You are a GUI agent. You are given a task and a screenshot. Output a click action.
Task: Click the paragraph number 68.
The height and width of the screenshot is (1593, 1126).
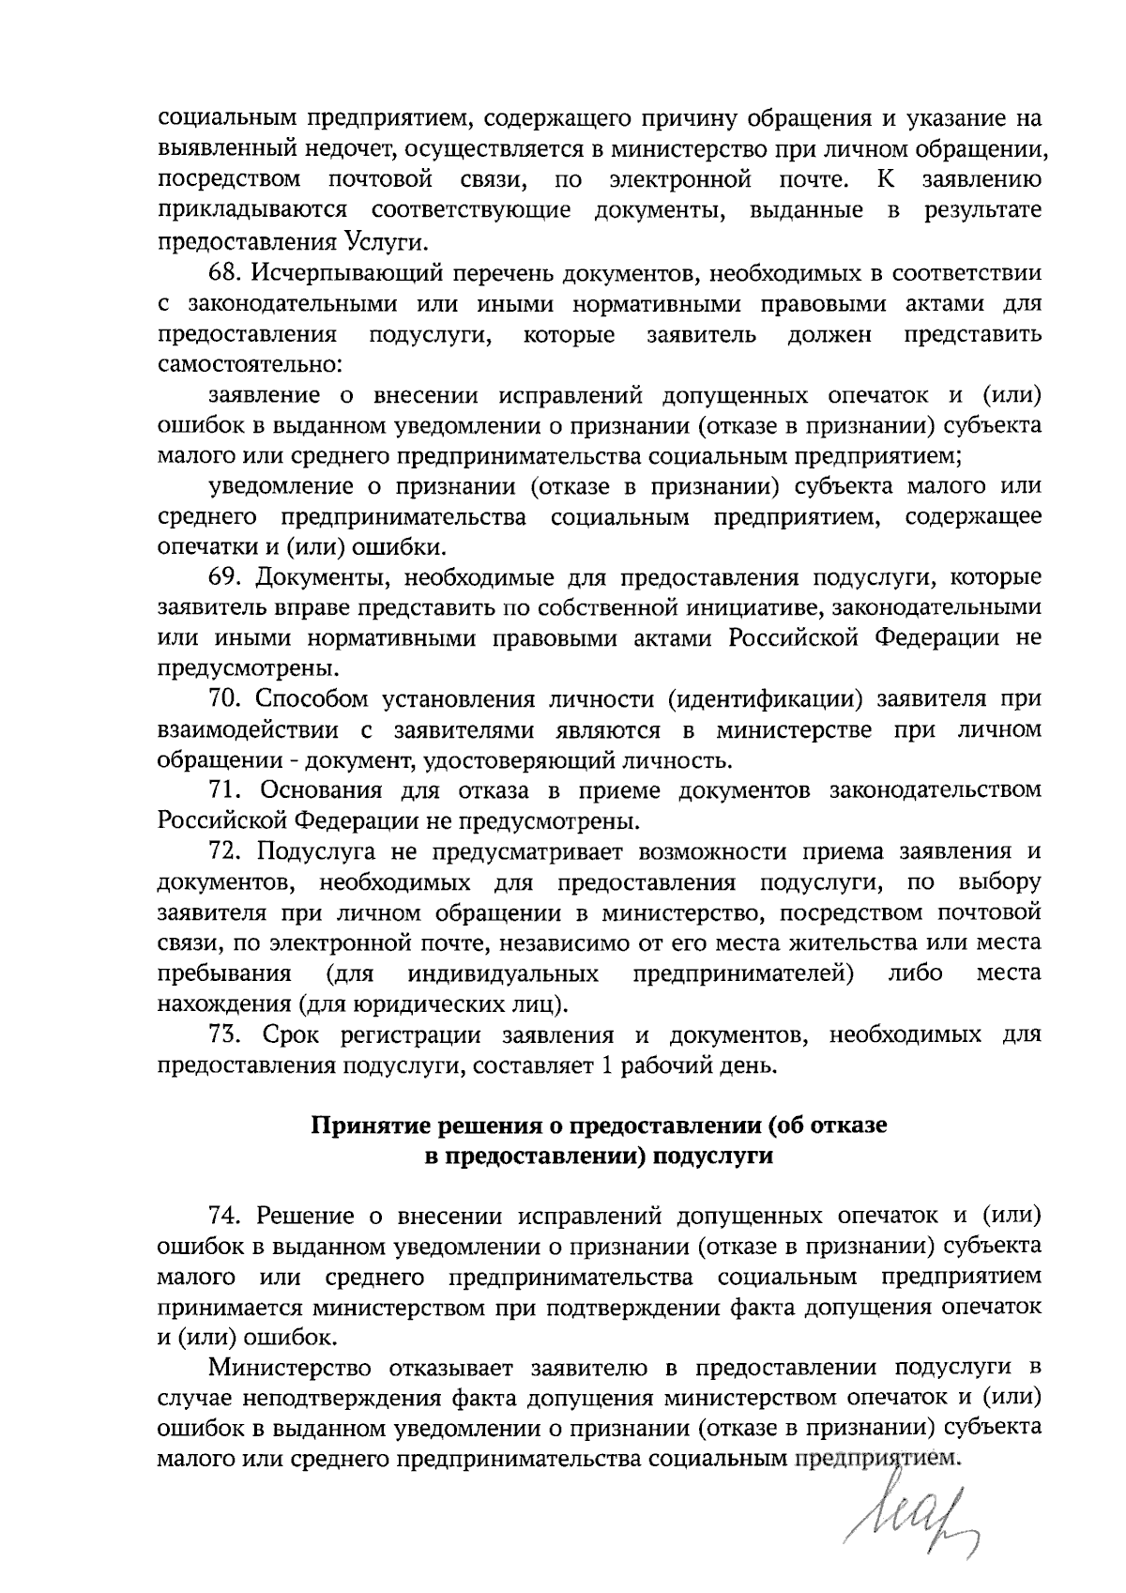coord(225,274)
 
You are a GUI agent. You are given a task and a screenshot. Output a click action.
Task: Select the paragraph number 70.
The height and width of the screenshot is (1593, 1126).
coord(225,700)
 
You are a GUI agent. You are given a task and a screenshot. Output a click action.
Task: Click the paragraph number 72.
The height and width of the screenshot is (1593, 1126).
coord(225,852)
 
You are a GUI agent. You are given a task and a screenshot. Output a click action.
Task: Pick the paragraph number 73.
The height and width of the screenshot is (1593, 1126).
coord(225,1035)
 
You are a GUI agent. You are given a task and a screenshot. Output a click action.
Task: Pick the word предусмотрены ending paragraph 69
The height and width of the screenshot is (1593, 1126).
coord(243,669)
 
